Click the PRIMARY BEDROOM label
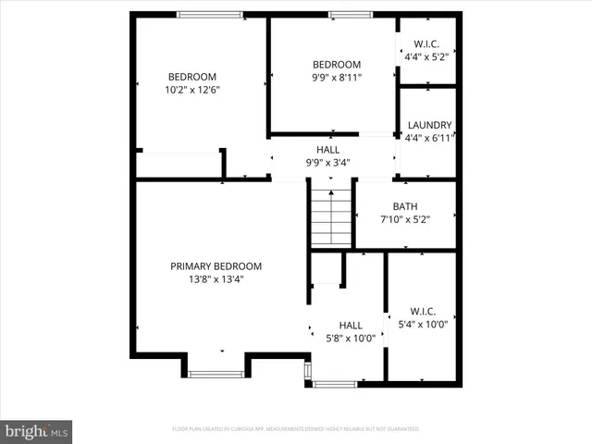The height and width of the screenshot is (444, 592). pos(216,266)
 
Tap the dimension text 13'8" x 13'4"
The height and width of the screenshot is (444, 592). pos(216,280)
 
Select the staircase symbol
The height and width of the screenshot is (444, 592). pos(331,217)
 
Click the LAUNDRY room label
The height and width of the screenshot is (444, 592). pos(428,125)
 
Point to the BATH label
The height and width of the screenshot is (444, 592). pos(405,206)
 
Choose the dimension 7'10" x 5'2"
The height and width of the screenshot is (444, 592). pos(405,220)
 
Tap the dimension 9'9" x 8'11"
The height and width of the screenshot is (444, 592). pos(335,78)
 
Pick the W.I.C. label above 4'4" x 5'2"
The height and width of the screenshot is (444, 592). pos(427,43)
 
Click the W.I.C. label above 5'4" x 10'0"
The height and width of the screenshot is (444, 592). pos(422,312)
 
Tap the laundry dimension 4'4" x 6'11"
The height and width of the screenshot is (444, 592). pos(428,139)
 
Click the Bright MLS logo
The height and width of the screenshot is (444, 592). pos(37,431)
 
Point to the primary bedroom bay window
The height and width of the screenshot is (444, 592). pos(216,374)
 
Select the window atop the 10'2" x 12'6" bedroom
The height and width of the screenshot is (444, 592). pos(210,14)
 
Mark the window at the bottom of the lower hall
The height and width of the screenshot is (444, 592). pos(336,383)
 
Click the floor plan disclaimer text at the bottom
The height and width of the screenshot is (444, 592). pos(296,429)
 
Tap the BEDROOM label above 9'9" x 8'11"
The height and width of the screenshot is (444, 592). pos(335,64)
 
